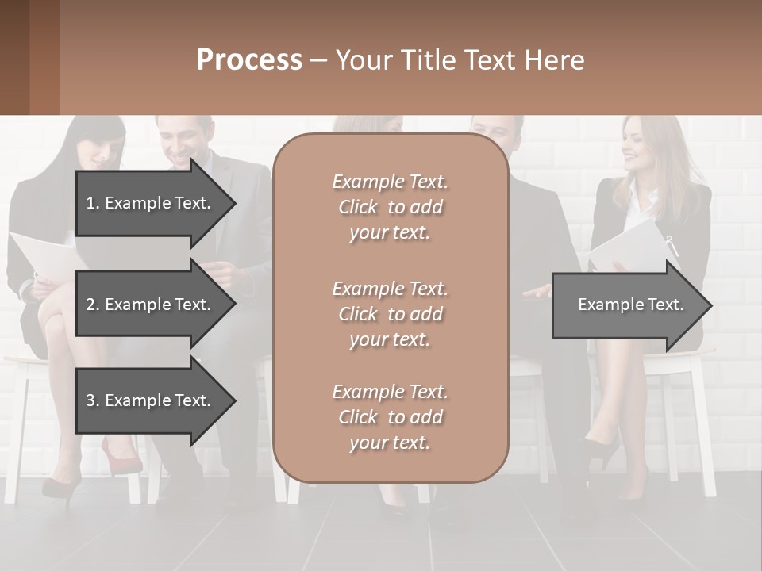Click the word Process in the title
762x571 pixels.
(249, 60)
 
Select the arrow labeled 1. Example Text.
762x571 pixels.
(151, 203)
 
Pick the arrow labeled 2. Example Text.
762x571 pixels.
(151, 305)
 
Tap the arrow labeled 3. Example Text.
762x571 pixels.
(151, 400)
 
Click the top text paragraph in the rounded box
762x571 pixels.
(390, 207)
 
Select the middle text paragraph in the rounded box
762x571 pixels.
(390, 314)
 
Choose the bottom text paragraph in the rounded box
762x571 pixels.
(390, 417)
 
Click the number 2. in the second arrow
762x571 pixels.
(92, 305)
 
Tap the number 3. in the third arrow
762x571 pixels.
(92, 400)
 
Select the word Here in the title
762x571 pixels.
(556, 60)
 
